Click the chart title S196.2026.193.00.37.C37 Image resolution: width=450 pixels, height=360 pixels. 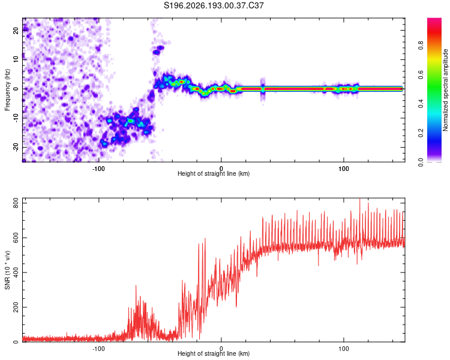(x=214, y=5)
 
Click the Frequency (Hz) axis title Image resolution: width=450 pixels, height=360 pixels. (x=7, y=90)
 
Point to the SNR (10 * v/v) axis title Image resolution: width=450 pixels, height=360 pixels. (x=7, y=270)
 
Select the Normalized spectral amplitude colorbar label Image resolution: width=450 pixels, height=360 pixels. (x=445, y=90)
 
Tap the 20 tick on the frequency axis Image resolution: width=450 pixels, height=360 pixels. (x=16, y=30)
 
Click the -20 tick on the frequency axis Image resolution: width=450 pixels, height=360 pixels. (x=16, y=148)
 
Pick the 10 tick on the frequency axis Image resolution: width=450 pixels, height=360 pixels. (x=16, y=59)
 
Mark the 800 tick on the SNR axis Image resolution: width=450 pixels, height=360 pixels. (x=16, y=204)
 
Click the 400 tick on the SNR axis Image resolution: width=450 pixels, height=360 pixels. (x=16, y=272)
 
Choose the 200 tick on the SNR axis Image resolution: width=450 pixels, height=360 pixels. (x=16, y=307)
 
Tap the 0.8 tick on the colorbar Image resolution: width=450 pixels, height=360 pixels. (x=421, y=46)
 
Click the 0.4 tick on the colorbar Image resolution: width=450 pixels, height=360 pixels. (x=421, y=104)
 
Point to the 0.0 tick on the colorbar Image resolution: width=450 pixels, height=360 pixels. (x=421, y=162)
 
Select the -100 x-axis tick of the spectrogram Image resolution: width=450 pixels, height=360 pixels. (x=98, y=169)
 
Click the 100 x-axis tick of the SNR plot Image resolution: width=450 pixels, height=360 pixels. (x=344, y=349)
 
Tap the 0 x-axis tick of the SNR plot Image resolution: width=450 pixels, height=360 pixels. (x=221, y=349)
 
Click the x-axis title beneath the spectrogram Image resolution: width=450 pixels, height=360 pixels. (x=214, y=173)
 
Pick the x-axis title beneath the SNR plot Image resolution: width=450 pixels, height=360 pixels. (x=214, y=353)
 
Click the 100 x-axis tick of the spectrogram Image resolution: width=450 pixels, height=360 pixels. (x=344, y=169)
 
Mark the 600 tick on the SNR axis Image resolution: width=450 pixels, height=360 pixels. (x=16, y=238)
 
